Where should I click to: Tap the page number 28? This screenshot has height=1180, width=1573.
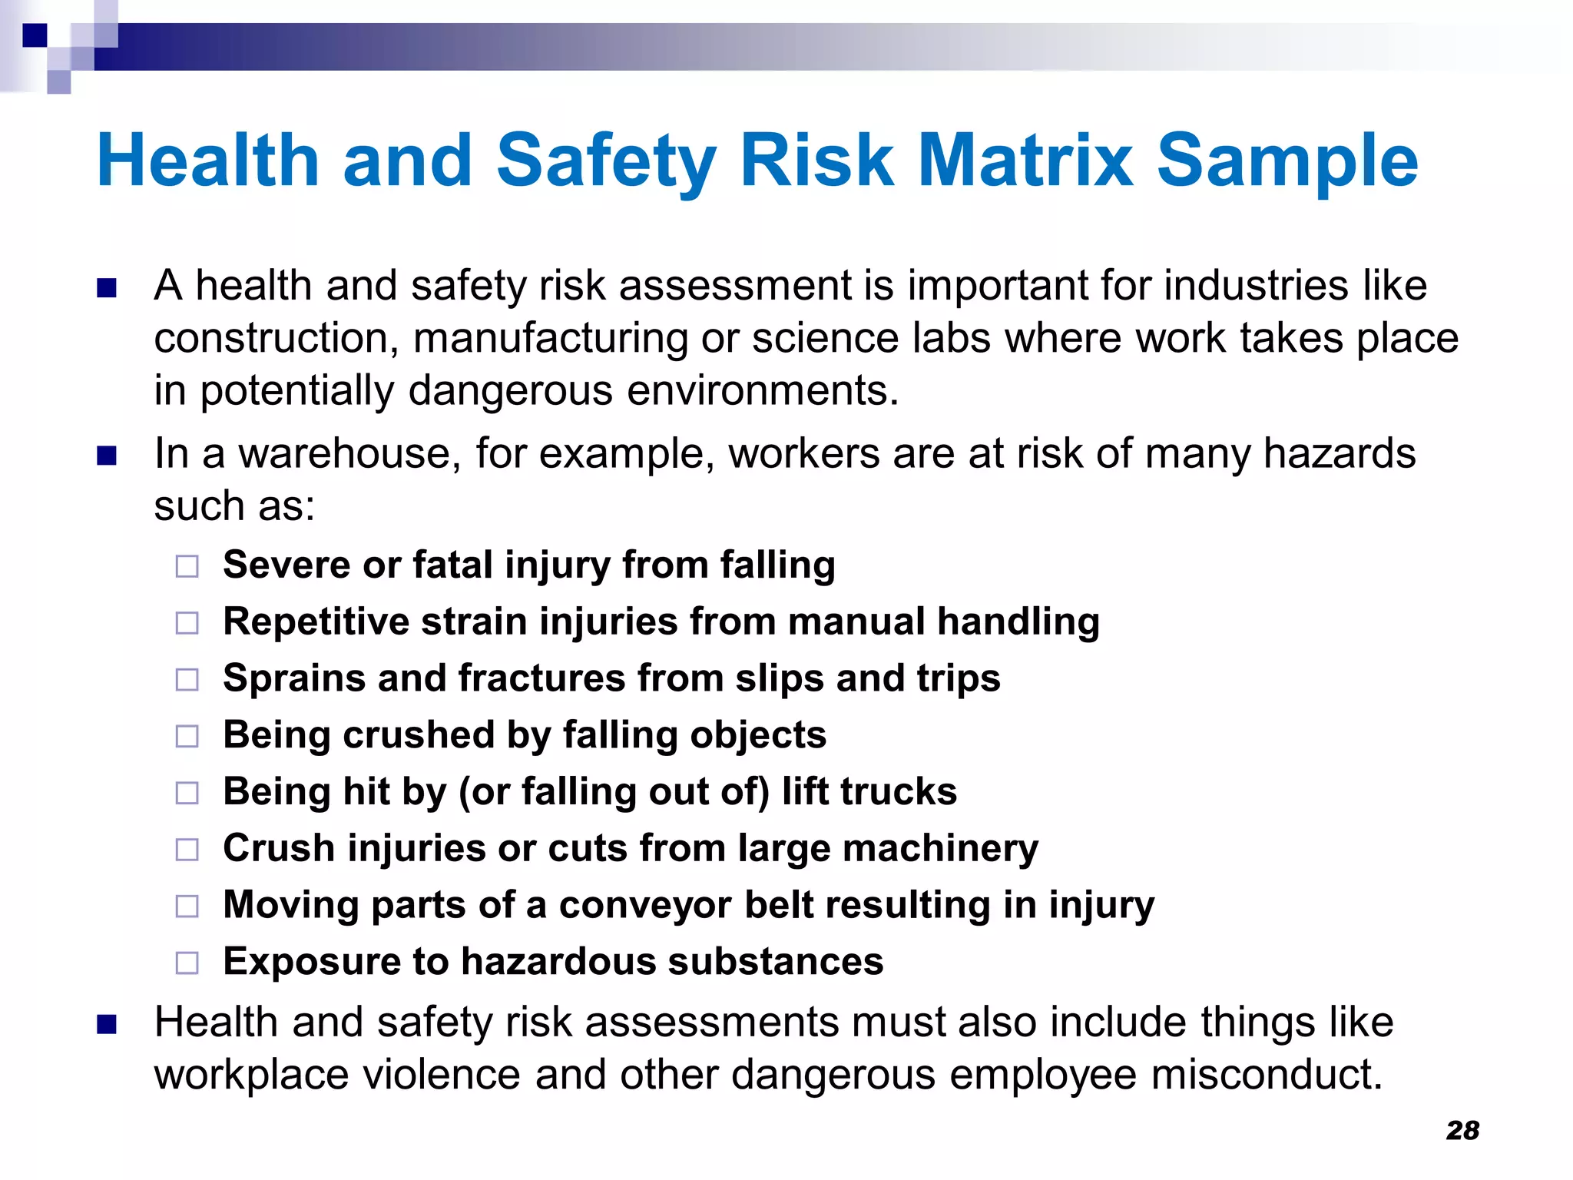(x=1462, y=1131)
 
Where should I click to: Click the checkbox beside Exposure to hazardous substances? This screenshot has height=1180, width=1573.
(x=187, y=963)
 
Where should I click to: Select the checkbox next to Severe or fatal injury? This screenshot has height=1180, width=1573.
(x=187, y=566)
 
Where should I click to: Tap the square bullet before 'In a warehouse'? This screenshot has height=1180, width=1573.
(x=107, y=456)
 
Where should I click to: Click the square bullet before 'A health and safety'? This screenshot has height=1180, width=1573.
(x=107, y=288)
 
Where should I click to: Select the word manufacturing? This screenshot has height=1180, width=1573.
(x=549, y=338)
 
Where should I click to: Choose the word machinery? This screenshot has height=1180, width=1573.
(x=940, y=849)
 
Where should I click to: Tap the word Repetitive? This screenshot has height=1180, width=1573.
(x=316, y=621)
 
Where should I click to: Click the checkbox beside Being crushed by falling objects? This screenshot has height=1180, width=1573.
(x=187, y=736)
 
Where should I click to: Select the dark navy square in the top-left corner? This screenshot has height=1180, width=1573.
(x=35, y=35)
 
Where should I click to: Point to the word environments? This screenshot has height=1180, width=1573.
(x=762, y=390)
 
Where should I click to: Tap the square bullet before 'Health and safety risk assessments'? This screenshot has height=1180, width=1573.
(x=107, y=1025)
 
